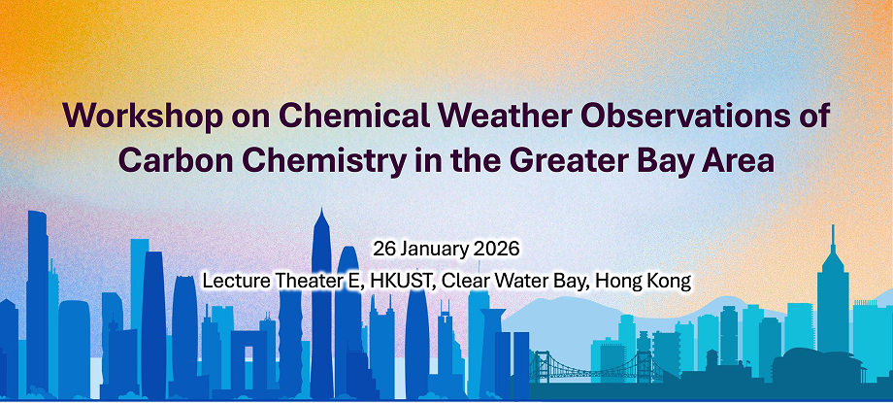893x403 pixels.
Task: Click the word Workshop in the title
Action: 143,117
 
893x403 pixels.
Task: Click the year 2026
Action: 499,250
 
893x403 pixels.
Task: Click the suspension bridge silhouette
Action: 595,366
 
